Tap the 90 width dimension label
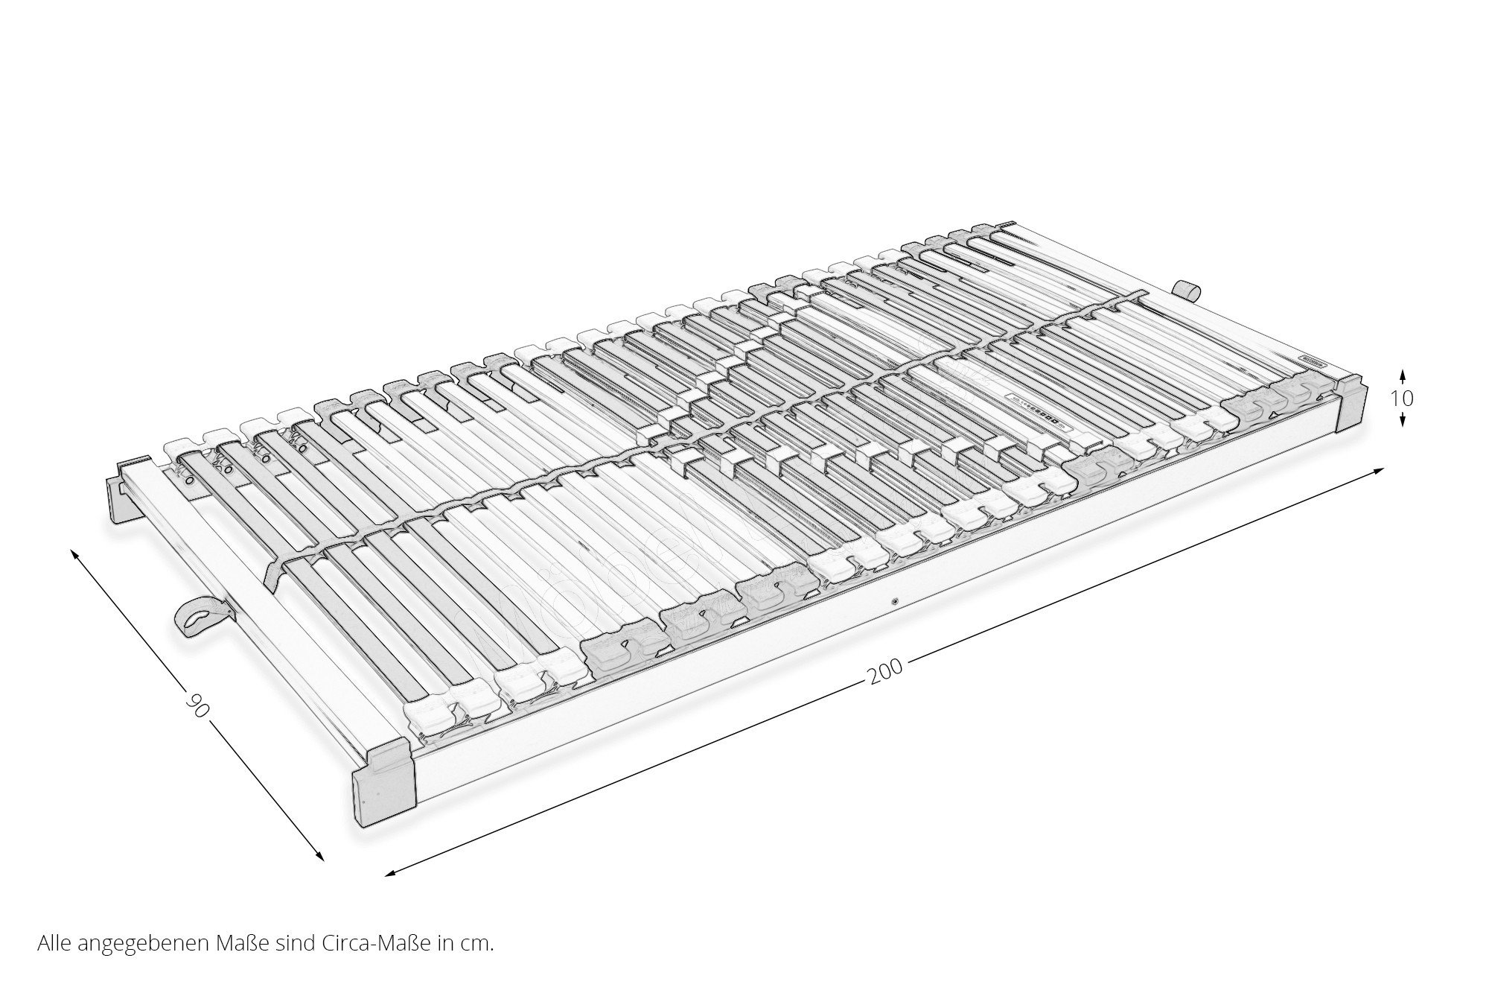[x=196, y=705]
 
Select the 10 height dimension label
[x=1402, y=399]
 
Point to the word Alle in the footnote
[x=54, y=944]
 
